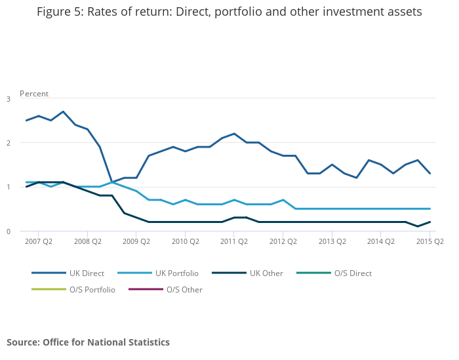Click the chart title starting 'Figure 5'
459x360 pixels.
pyautogui.click(x=229, y=12)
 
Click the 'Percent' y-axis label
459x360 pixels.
pyautogui.click(x=34, y=94)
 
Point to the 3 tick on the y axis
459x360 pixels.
pyautogui.click(x=9, y=99)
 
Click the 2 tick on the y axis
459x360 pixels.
pyautogui.click(x=9, y=143)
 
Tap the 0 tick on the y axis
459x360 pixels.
pyautogui.click(x=9, y=231)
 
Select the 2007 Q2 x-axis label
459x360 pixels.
pyautogui.click(x=38, y=241)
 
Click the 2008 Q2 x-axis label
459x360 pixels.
pyautogui.click(x=87, y=241)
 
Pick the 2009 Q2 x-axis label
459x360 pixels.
pyautogui.click(x=136, y=241)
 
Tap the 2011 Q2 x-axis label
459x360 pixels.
pyautogui.click(x=234, y=241)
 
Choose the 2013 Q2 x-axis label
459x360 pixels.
pyautogui.click(x=332, y=241)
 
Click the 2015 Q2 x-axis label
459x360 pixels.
pyautogui.click(x=429, y=241)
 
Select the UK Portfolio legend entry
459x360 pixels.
pyautogui.click(x=175, y=273)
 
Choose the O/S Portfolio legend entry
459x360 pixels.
pyautogui.click(x=92, y=289)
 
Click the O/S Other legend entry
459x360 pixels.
pyautogui.click(x=184, y=289)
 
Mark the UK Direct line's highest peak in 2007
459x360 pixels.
pyautogui.click(x=63, y=111)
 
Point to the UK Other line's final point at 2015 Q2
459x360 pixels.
pyautogui.click(x=430, y=222)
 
